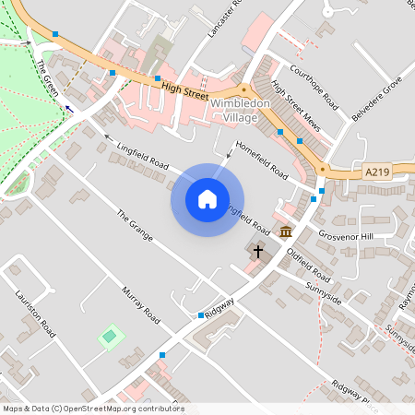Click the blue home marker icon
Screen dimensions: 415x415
click(x=207, y=199)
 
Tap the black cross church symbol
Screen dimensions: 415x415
click(x=258, y=251)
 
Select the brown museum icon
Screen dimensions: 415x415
click(x=286, y=231)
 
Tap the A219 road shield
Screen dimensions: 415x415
click(x=376, y=172)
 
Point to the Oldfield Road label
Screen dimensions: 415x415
click(x=308, y=264)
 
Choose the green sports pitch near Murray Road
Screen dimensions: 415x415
click(x=111, y=336)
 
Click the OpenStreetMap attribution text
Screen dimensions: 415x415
click(x=92, y=409)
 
